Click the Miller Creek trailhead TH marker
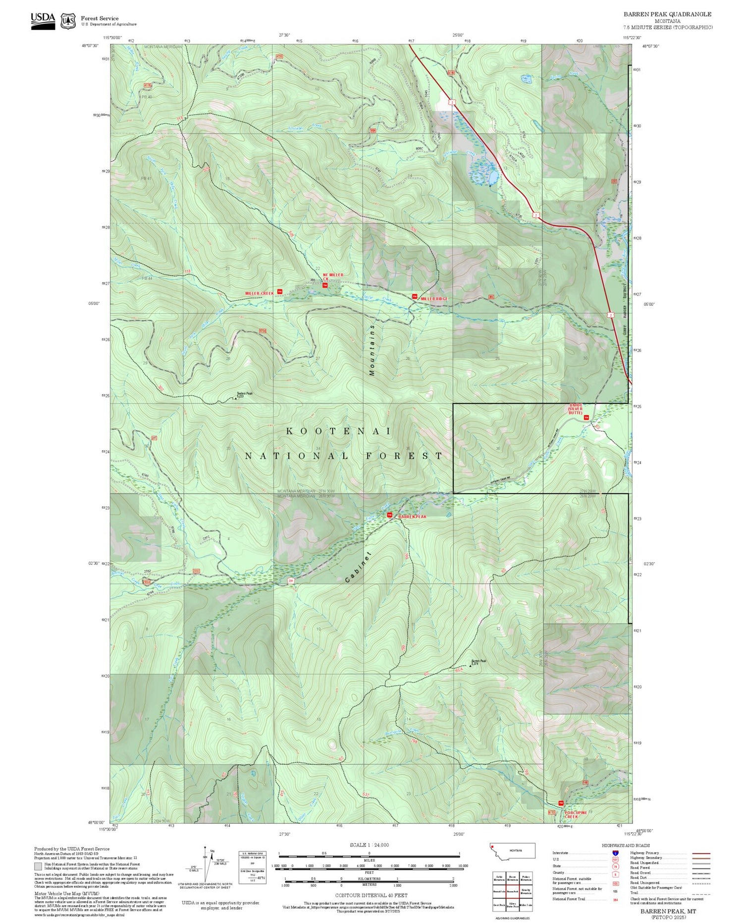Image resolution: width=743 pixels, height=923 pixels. coord(279,292)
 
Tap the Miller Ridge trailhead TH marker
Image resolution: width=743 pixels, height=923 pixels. coord(415,296)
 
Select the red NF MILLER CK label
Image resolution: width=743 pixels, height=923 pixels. coord(332,277)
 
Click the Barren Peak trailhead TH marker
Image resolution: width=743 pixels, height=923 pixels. coord(389,516)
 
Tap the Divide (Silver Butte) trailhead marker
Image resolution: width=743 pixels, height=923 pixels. coord(586,417)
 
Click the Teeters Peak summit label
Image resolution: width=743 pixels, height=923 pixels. coord(244,394)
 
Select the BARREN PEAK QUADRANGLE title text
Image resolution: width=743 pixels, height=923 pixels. coord(667,14)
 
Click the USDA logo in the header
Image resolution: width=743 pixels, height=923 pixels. coord(43,21)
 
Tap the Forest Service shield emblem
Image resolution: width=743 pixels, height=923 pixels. coord(68,21)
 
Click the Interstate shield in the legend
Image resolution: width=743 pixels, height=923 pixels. coord(615,853)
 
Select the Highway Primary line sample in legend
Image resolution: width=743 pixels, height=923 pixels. coord(698,853)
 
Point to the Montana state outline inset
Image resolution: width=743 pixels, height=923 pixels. coord(512,851)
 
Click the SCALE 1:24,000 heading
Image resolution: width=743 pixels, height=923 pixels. coord(369,845)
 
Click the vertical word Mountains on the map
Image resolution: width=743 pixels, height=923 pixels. coord(372,350)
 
